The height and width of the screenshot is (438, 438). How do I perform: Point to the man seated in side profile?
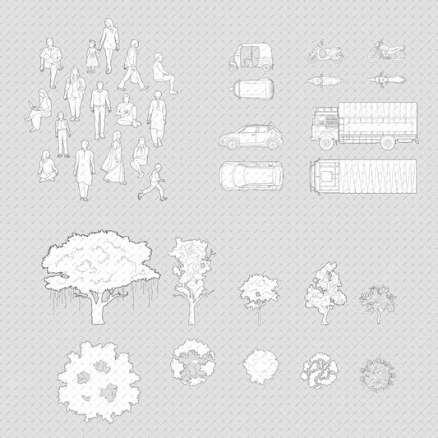[163, 72]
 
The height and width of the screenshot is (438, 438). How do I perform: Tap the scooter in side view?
[320, 54]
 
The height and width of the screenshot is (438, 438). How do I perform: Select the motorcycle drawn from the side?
[385, 52]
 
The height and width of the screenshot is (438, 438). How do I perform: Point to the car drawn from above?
[249, 175]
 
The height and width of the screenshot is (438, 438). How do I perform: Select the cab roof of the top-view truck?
[324, 176]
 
